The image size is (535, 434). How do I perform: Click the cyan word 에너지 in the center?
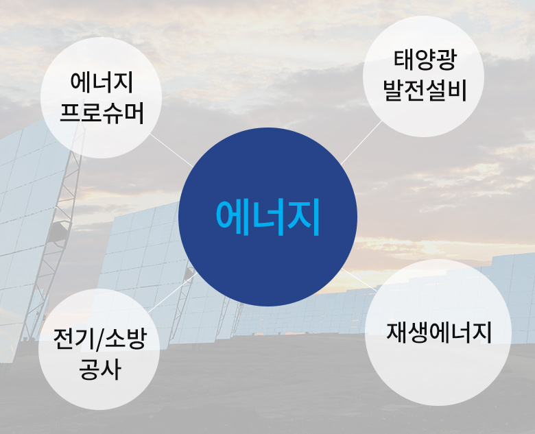click(267, 217)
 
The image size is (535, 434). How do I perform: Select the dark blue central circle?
click(267, 217)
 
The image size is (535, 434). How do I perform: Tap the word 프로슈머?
click(102, 112)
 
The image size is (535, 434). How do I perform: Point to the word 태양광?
click(425, 60)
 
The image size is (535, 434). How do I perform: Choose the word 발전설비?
click(425, 91)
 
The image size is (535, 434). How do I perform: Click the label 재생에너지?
click(439, 332)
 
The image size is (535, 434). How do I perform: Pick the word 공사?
click(99, 369)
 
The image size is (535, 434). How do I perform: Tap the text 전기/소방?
click(99, 339)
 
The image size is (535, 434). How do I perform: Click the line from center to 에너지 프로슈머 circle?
click(171, 149)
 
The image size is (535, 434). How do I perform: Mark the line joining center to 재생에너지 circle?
click(359, 280)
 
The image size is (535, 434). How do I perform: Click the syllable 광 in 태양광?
click(446, 60)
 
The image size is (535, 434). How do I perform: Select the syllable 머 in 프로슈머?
click(134, 112)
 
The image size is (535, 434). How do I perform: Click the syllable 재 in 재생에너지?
click(396, 332)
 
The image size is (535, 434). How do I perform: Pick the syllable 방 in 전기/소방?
click(136, 339)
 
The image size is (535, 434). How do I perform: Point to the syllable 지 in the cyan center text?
click(304, 217)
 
